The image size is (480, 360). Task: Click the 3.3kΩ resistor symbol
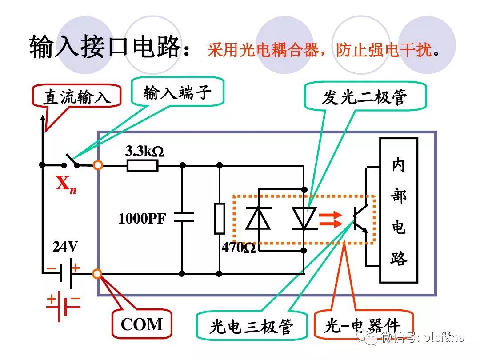click(x=142, y=166)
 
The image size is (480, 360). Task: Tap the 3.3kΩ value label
click(x=144, y=151)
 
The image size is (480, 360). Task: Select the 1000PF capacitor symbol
click(x=183, y=217)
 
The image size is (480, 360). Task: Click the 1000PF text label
click(x=141, y=219)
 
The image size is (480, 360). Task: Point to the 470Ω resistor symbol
click(x=219, y=218)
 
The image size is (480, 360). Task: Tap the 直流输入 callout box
click(x=77, y=96)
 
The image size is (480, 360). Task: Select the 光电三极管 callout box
click(x=252, y=327)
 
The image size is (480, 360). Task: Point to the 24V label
click(x=65, y=246)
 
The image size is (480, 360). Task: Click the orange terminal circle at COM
click(x=97, y=273)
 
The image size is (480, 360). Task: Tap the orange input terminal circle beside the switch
click(x=98, y=165)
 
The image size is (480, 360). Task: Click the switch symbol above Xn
click(x=71, y=161)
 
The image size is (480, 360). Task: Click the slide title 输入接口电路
click(x=106, y=47)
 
